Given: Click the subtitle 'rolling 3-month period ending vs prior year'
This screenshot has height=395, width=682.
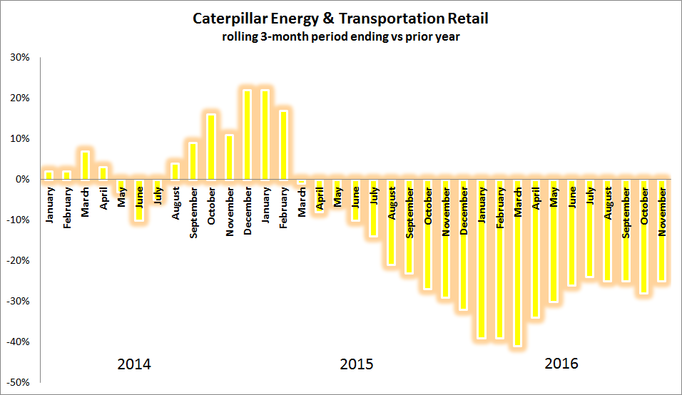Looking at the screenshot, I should point(340,37).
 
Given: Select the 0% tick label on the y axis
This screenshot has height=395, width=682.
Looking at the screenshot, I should point(21,179).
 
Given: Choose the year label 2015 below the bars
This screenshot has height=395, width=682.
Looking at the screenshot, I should point(356,364).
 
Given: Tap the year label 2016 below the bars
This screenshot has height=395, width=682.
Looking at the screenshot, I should point(561,364).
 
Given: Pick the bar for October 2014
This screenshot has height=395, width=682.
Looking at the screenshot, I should point(211,146).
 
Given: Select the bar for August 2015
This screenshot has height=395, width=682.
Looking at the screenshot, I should point(392,222).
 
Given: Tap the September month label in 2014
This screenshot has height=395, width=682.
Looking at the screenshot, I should point(193,212).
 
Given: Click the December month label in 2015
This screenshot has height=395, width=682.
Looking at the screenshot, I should point(464,212).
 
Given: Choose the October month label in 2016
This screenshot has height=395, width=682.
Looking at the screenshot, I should point(645,206).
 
